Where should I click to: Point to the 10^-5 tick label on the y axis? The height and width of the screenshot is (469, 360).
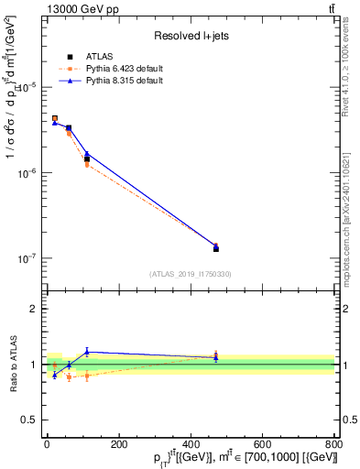[25, 87]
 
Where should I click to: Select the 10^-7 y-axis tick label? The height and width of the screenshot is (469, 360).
[25, 259]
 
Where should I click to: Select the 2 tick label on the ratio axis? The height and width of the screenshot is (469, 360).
[32, 309]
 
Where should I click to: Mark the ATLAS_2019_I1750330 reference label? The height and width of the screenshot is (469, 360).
[190, 274]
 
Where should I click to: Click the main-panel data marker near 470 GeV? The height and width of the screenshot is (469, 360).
[215, 248]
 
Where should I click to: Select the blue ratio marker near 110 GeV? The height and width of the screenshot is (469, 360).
[87, 352]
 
